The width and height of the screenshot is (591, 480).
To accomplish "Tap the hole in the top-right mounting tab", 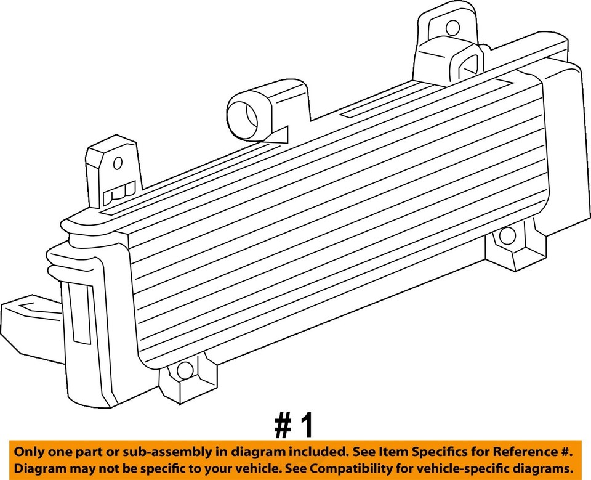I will pyautogui.click(x=452, y=28).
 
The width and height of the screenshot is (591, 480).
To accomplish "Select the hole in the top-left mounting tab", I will pyautogui.click(x=117, y=163).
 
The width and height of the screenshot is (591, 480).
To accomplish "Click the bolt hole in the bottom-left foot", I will pyautogui.click(x=184, y=370).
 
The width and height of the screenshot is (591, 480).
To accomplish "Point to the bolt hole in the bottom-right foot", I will pyautogui.click(x=507, y=235).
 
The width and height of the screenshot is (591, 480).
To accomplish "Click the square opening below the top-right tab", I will pyautogui.click(x=470, y=62).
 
